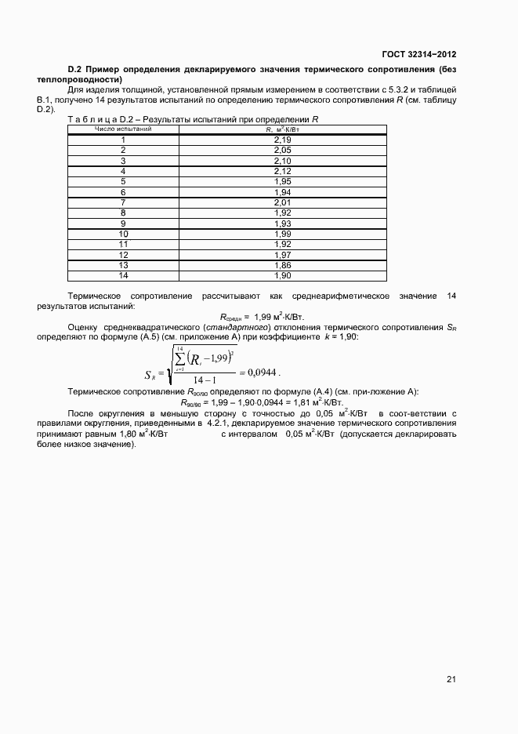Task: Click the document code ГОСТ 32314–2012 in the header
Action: pyautogui.click(x=418, y=54)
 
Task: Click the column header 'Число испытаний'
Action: pyautogui.click(x=123, y=129)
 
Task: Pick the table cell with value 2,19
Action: pyautogui.click(x=283, y=139)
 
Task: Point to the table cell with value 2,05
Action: pyautogui.click(x=283, y=149)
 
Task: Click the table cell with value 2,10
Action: pyautogui.click(x=283, y=160)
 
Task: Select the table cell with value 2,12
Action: pyautogui.click(x=283, y=170)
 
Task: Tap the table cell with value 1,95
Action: pyautogui.click(x=283, y=181)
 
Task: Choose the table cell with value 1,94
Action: pyautogui.click(x=283, y=191)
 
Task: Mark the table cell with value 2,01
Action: pyautogui.click(x=283, y=202)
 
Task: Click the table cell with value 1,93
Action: pyautogui.click(x=283, y=223)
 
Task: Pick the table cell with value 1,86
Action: pyautogui.click(x=283, y=265)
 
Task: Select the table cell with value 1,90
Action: pyautogui.click(x=283, y=275)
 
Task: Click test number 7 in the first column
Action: pyautogui.click(x=123, y=202)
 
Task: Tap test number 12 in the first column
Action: pyautogui.click(x=123, y=255)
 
